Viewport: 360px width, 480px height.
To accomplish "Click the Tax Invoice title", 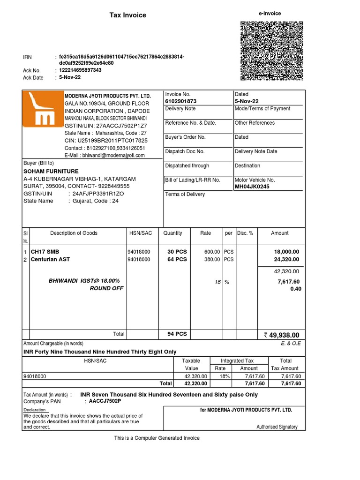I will [127, 15].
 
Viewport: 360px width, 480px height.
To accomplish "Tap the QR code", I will [271, 51].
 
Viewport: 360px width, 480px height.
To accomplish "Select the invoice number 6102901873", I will [181, 101].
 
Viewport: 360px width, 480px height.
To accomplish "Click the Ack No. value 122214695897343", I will [80, 70].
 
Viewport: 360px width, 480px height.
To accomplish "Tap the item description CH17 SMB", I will [45, 252].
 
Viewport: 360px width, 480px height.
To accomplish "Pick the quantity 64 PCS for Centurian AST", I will [177, 259].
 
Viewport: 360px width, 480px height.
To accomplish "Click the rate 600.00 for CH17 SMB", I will [212, 252].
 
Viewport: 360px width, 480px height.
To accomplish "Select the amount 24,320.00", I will [286, 259].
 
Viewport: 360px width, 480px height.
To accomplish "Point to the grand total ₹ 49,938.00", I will [281, 335].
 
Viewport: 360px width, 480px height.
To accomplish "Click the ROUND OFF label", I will [106, 289].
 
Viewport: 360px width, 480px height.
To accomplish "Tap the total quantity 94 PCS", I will [177, 334].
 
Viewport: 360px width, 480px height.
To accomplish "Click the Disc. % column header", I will [245, 233].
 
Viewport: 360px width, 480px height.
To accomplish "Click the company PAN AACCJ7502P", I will [105, 401].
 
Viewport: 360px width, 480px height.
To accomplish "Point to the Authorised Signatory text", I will [277, 427].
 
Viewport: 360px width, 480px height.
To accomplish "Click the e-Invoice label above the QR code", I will [270, 14].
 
